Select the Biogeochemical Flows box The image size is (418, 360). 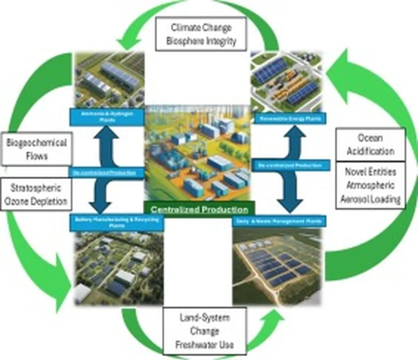37,149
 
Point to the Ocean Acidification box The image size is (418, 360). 370,144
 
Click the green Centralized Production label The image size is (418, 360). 200,210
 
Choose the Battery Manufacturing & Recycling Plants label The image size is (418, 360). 117,222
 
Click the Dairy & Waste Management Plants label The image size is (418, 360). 279,221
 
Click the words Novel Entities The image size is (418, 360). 370,171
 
